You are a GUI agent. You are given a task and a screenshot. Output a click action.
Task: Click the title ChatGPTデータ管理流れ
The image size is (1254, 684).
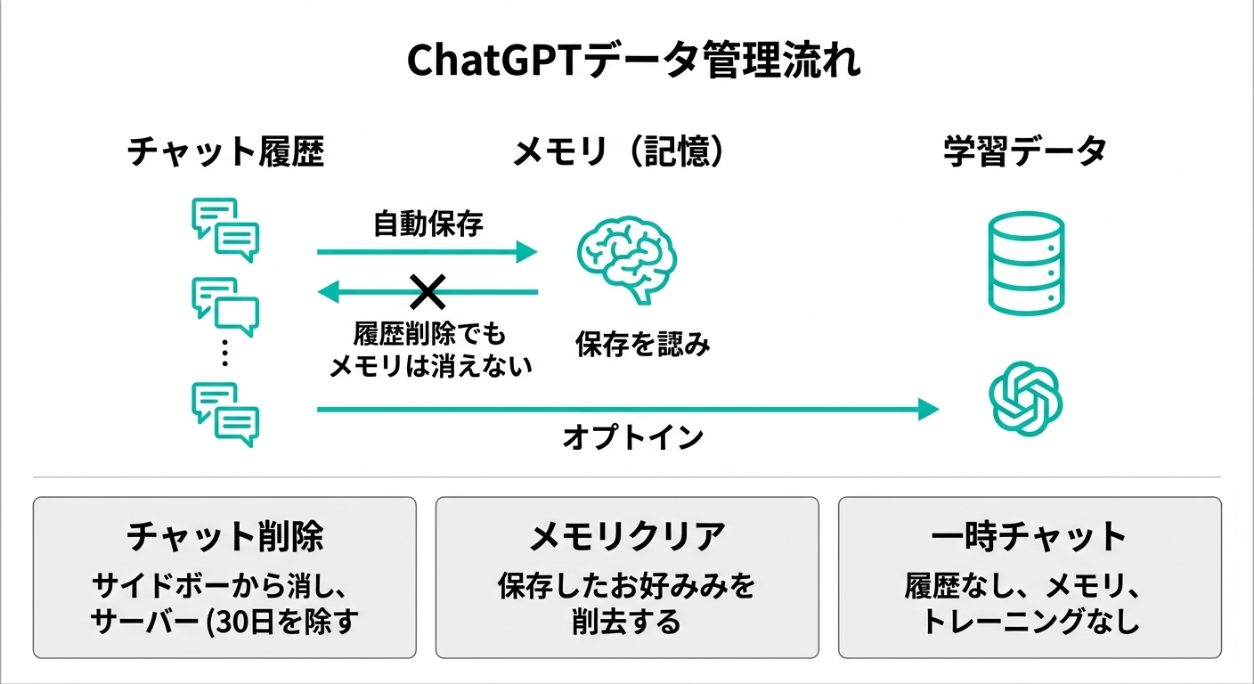(x=633, y=62)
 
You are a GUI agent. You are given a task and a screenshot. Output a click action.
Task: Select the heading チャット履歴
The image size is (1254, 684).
(x=225, y=152)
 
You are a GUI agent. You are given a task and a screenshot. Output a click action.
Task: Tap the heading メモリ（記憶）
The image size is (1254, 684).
(x=620, y=152)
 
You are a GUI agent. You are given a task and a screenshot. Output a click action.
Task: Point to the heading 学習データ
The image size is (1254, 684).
(x=1025, y=152)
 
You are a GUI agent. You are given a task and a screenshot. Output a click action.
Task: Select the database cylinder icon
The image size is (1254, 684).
(x=1026, y=263)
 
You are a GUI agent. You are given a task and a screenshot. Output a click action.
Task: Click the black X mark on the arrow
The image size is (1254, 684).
(x=427, y=290)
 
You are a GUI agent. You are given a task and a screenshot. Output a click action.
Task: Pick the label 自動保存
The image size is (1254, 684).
(x=427, y=224)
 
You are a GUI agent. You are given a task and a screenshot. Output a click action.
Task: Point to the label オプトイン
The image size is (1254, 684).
(x=633, y=437)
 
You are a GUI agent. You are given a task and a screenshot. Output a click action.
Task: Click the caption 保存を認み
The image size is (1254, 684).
(x=642, y=345)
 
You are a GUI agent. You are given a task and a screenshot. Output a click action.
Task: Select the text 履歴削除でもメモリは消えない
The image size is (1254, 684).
(x=430, y=350)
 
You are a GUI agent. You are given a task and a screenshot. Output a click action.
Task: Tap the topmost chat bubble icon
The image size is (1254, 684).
(x=225, y=229)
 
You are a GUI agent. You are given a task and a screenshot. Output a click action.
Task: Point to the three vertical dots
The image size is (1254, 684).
(x=224, y=354)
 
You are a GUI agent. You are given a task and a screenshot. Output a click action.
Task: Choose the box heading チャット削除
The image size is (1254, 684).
(x=224, y=537)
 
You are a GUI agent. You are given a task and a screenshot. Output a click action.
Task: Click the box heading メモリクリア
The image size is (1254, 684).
(x=627, y=537)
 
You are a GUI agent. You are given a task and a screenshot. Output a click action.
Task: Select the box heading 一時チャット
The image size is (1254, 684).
(x=1029, y=537)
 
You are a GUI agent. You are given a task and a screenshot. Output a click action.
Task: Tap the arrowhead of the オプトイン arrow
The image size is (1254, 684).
(x=928, y=409)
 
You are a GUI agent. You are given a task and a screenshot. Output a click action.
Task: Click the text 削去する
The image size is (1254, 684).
(x=626, y=621)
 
